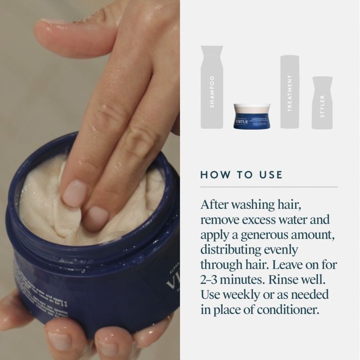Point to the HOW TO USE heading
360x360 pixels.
click(241, 175)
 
